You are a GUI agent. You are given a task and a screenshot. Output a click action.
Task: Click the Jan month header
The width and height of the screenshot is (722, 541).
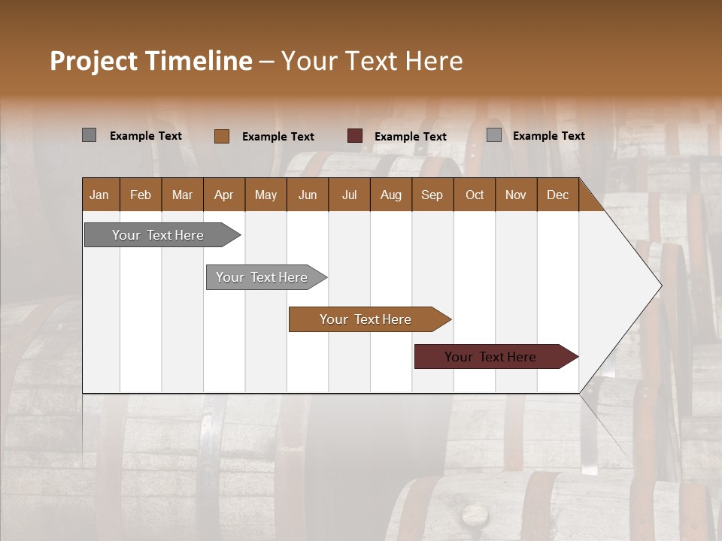point(100,195)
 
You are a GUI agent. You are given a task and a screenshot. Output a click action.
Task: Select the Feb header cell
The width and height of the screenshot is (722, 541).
point(141,195)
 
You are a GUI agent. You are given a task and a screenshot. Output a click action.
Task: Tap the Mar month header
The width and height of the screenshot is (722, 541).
point(182,195)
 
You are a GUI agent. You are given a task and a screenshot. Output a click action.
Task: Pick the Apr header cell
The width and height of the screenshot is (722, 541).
point(224,195)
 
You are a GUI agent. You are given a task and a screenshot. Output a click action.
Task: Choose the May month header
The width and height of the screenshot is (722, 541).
point(265,195)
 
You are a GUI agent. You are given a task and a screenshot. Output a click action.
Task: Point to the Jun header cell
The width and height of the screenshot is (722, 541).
point(308,195)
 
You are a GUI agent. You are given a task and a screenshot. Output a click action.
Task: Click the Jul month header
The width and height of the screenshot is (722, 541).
point(349,195)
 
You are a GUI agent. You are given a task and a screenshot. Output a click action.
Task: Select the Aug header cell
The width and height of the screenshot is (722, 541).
point(391,195)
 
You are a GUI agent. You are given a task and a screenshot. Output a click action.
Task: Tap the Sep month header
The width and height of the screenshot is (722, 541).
point(432,195)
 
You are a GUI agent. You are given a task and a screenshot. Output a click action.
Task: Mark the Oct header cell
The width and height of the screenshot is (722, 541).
point(475,195)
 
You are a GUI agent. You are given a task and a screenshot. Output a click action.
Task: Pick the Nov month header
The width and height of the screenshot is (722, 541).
point(516,195)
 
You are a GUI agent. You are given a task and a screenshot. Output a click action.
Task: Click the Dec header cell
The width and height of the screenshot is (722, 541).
point(558,195)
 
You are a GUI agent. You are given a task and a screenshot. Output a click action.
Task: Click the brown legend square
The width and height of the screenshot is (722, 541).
point(222,136)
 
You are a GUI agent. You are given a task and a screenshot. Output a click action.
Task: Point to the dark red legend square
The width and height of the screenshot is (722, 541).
point(355,136)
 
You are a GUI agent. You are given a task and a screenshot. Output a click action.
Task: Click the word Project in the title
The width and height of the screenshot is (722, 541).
point(93,61)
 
